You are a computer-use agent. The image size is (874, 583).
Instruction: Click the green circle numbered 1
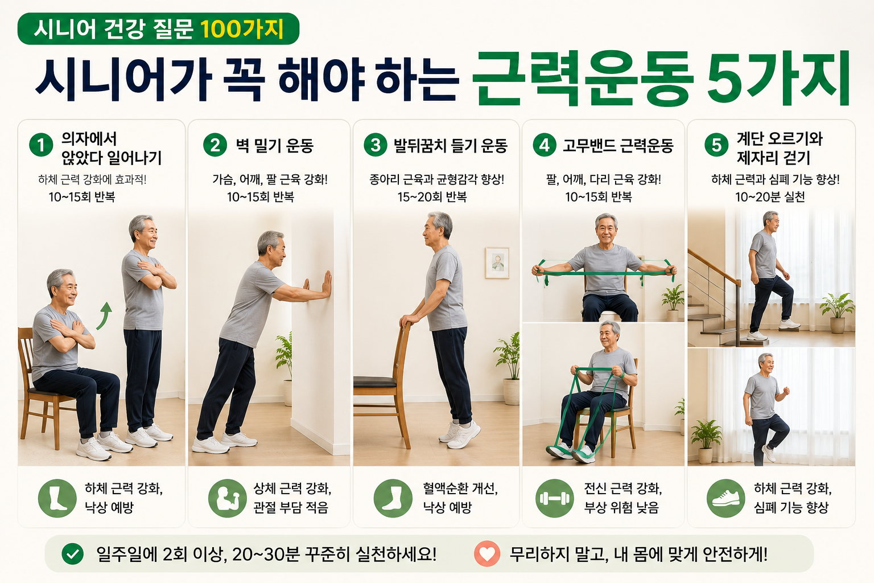click(41, 145)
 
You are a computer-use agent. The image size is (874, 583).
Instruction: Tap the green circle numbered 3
click(376, 145)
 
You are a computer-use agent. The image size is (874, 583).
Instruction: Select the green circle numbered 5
click(716, 145)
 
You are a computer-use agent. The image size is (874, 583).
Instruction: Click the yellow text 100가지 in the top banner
click(241, 29)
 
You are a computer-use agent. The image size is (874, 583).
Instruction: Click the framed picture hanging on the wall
click(497, 263)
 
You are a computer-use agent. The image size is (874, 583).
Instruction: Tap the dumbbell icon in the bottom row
click(554, 498)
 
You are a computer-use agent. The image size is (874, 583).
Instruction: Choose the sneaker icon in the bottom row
click(725, 498)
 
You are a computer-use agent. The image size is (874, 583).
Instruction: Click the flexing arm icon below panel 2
click(228, 498)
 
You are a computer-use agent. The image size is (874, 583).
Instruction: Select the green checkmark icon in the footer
click(73, 554)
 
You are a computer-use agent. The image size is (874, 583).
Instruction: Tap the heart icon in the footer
click(487, 554)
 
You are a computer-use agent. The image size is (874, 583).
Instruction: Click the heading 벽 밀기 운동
click(275, 146)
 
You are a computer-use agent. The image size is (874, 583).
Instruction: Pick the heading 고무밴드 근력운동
click(618, 146)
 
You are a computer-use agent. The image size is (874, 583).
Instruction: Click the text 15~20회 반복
click(432, 197)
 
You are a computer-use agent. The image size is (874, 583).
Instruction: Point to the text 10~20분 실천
click(770, 197)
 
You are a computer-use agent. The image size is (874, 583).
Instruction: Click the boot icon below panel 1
click(57, 498)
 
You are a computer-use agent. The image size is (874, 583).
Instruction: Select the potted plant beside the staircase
click(838, 313)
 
